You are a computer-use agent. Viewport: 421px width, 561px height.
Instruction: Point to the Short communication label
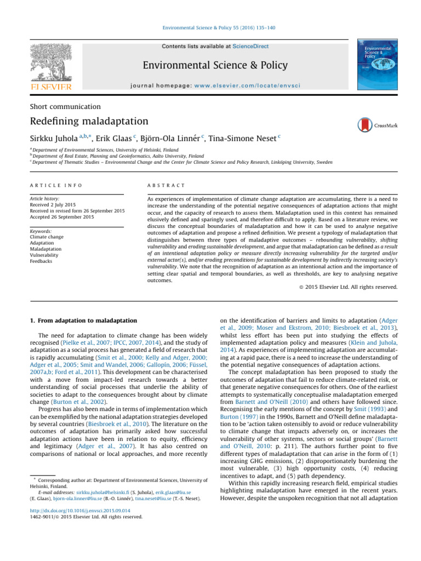(x=65, y=106)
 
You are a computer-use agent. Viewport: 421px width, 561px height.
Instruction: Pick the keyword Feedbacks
(x=42, y=261)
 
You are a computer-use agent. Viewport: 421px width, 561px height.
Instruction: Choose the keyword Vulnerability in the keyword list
(x=44, y=255)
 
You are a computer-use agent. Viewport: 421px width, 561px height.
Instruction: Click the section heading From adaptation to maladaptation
(x=82, y=320)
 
